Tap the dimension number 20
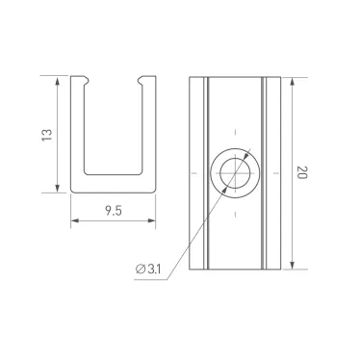302,173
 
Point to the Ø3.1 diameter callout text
148,269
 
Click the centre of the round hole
234,173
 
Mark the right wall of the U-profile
147,135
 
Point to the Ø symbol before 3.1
141,269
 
